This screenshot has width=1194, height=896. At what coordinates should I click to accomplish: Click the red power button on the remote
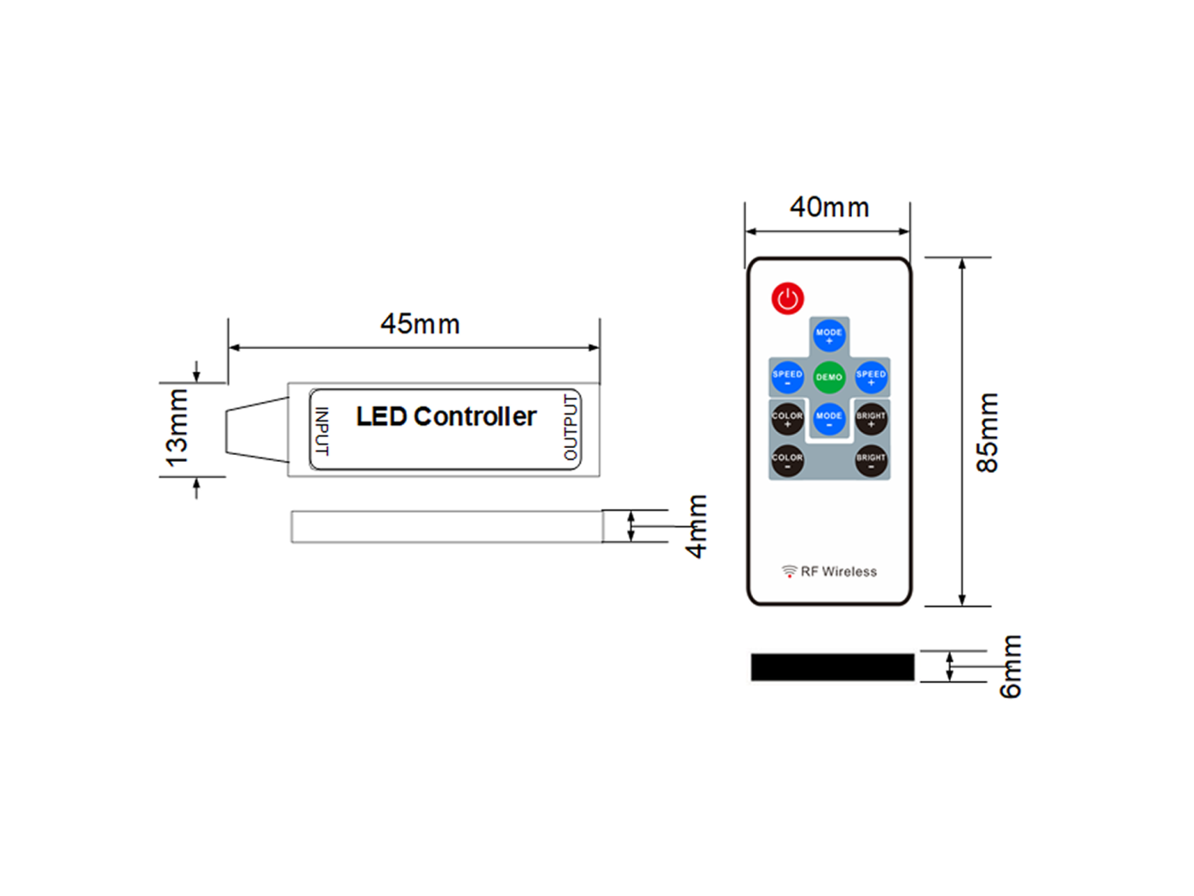coord(787,298)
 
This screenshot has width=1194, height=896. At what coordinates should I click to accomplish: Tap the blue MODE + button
coord(828,335)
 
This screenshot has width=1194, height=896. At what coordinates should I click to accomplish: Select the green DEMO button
coord(828,377)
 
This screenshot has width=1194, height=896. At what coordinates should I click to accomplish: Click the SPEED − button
coord(787,377)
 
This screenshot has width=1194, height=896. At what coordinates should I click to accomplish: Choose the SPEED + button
coord(871,377)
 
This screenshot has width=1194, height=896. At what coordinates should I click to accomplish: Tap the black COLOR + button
coord(787,419)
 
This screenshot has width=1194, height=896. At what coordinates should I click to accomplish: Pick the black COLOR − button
coord(787,461)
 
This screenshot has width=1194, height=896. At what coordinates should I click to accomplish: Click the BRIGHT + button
coord(871,419)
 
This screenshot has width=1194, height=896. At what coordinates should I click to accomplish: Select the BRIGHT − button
coord(871,461)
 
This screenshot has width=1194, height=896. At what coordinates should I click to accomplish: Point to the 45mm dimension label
coord(420,324)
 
